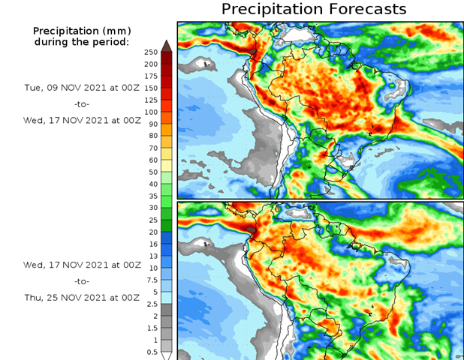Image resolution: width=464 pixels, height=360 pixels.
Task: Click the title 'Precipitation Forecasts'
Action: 314,9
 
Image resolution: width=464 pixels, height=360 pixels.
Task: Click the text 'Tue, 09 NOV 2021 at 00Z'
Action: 82,87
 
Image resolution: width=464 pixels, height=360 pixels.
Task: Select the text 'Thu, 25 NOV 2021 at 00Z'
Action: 82,298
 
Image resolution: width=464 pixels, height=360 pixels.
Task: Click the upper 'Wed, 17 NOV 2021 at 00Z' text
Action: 82,120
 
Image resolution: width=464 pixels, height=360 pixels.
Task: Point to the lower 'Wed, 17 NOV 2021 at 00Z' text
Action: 82,265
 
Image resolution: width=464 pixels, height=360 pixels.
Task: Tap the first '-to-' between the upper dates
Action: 83,103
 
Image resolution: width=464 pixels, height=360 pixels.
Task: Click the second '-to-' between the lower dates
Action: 83,281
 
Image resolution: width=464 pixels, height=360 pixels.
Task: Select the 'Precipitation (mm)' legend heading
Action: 82,31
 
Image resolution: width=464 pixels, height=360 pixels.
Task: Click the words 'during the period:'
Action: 82,41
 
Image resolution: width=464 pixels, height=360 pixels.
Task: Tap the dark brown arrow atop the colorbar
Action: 167,46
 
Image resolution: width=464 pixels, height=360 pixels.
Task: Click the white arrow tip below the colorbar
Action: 167,355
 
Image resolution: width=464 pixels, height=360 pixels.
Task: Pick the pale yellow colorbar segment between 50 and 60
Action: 167,166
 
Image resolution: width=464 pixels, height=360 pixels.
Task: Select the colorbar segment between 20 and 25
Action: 167,226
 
